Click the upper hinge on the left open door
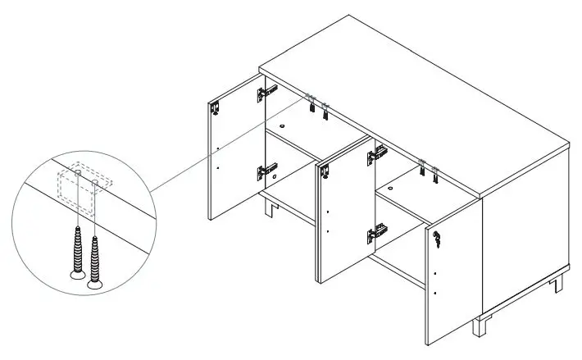tap(263, 93)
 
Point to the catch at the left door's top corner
tap(216, 107)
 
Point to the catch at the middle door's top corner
tap(325, 171)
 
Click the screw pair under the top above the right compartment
tap(427, 169)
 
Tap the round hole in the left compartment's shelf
tap(281, 126)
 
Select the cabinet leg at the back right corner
tap(559, 283)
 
